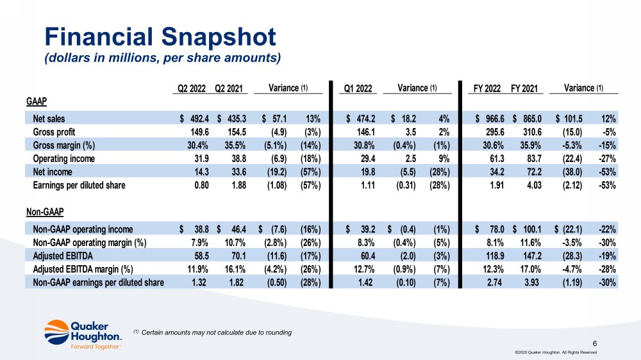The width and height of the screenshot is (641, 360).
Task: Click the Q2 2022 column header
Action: tap(191, 88)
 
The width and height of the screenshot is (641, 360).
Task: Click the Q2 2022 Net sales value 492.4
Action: tap(196, 119)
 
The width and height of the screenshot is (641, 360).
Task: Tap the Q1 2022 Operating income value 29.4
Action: tap(365, 158)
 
